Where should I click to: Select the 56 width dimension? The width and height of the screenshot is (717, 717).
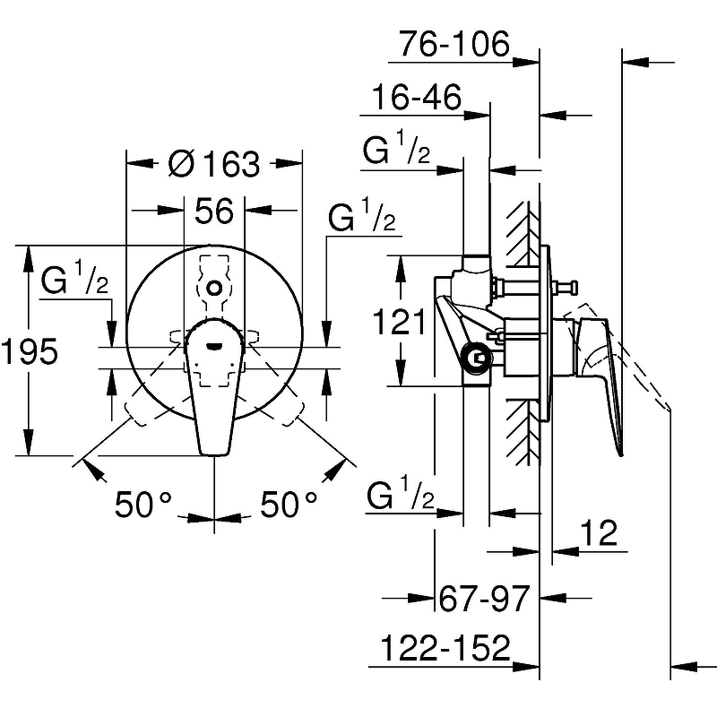214,211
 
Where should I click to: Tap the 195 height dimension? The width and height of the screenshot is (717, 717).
30,350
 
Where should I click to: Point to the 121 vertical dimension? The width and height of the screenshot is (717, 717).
399,321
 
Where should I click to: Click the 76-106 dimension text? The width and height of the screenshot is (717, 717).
454,44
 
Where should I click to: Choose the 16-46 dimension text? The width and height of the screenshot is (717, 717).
417,97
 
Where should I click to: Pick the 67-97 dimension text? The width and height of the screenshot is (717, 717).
484,598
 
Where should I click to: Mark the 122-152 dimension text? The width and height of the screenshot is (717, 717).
445,647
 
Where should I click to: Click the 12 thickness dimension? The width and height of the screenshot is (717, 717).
599,532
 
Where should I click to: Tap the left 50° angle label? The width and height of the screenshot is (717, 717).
143,505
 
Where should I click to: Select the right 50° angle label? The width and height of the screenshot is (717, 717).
289,505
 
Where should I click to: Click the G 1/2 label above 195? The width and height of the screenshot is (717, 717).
74,277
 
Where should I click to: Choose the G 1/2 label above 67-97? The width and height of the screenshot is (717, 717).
400,492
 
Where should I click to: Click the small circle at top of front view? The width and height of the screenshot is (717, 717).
214,288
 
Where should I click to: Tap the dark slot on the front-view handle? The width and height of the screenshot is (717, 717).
214,346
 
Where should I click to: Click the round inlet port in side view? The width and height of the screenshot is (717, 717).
477,358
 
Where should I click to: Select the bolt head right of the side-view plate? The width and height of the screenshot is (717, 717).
572,288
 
